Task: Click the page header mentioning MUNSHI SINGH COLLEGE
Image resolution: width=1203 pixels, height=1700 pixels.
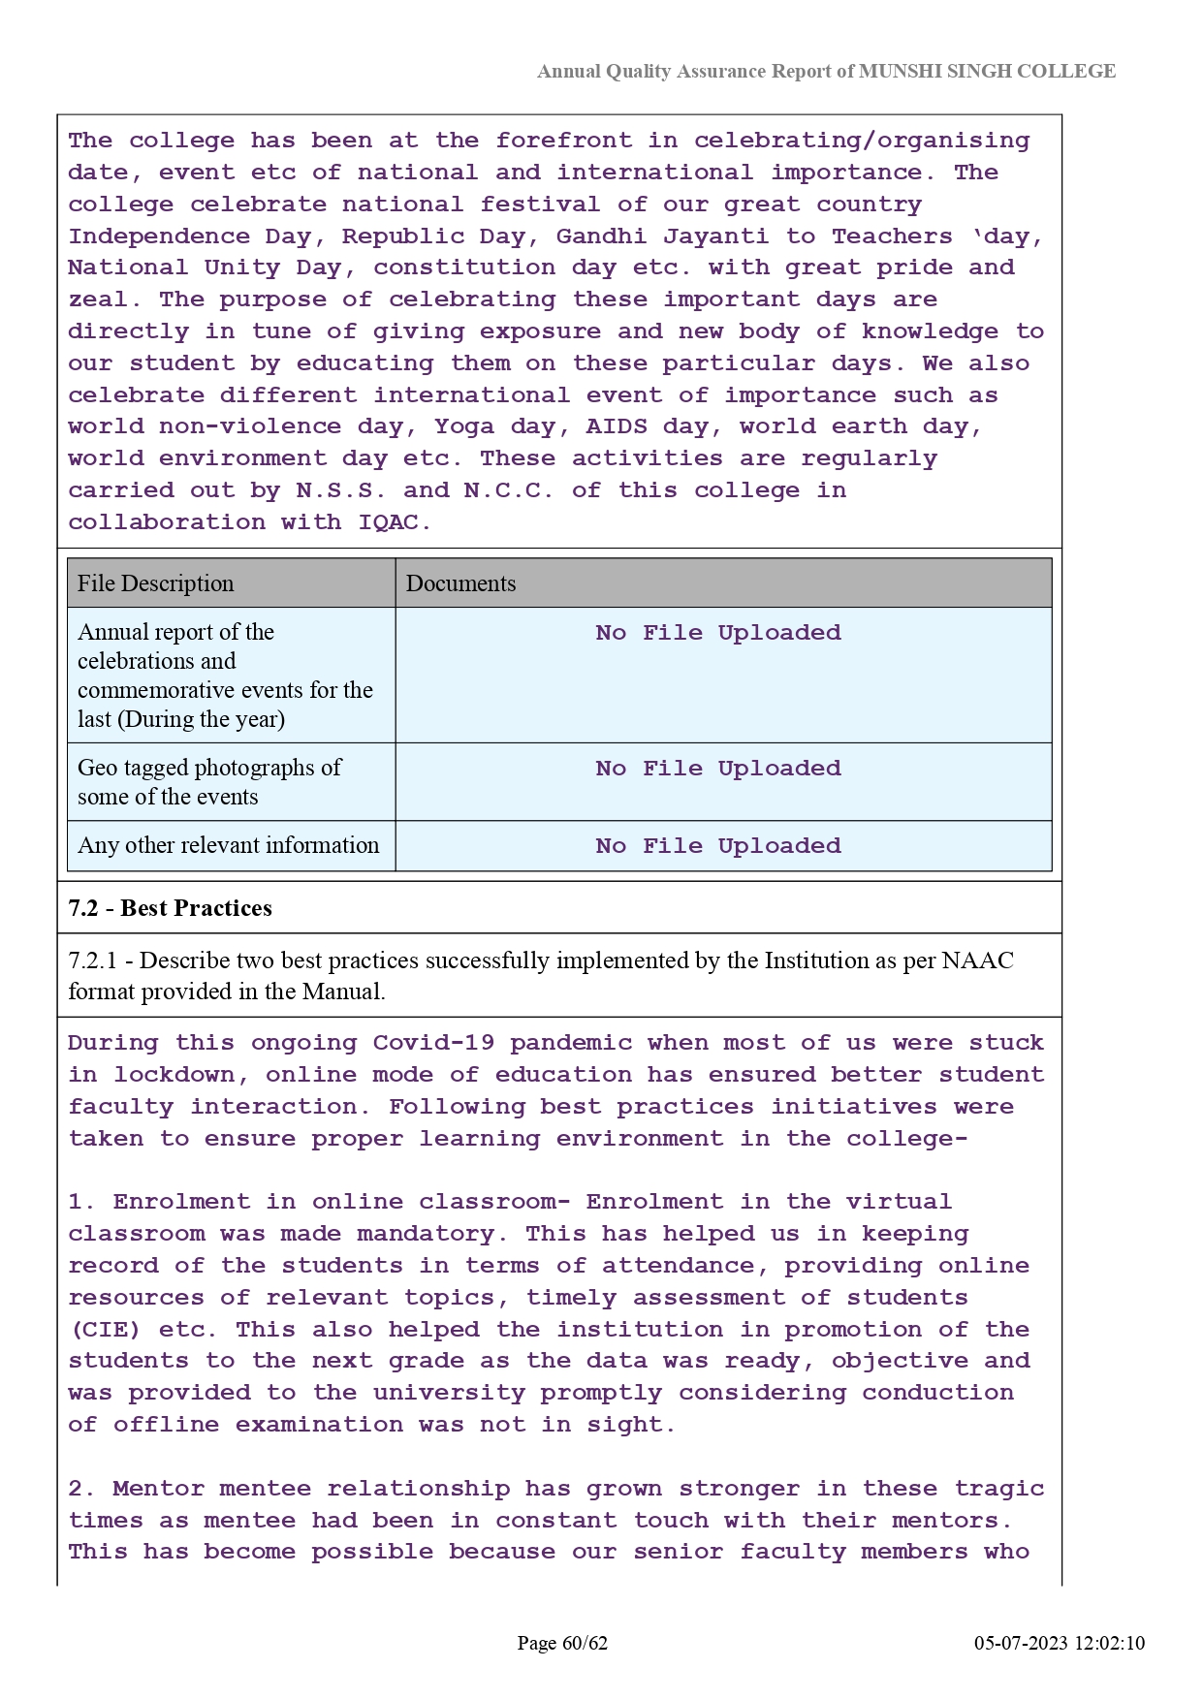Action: coord(826,72)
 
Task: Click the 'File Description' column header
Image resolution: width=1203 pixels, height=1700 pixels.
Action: coord(156,583)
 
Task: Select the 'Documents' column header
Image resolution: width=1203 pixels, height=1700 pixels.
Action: coord(460,583)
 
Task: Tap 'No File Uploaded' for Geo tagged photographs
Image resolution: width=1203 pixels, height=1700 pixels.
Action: coord(718,769)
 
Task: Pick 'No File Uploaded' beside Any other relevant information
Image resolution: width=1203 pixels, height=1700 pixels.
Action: coord(718,846)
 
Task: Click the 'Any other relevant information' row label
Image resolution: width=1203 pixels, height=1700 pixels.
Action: coord(229,845)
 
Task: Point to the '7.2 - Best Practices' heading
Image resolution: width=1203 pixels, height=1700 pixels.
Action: coord(171,908)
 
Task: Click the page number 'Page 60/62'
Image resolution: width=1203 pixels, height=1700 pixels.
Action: coord(562,1643)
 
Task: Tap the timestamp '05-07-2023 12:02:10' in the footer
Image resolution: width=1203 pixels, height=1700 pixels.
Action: coord(1060,1643)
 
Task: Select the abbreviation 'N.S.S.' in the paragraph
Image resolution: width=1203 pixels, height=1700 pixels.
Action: coord(341,490)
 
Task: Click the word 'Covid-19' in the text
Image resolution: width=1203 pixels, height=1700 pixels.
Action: coord(433,1043)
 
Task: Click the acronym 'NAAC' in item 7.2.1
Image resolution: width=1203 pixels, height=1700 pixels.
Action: coord(977,960)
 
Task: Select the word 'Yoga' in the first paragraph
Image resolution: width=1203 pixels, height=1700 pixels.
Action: coord(464,426)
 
